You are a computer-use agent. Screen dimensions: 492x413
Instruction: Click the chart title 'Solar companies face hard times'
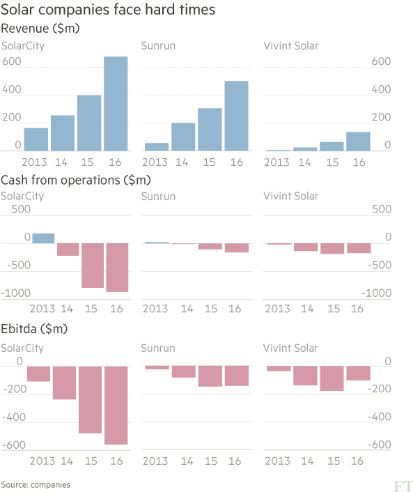[x=107, y=10]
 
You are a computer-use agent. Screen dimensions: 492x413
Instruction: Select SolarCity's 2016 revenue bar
[x=116, y=104]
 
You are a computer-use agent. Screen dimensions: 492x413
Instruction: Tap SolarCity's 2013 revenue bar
[x=36, y=139]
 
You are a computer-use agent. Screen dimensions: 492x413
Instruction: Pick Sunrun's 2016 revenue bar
[x=236, y=116]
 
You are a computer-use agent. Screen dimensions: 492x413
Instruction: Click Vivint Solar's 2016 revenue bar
[x=358, y=141]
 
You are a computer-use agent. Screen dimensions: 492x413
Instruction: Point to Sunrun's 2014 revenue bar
[x=183, y=137]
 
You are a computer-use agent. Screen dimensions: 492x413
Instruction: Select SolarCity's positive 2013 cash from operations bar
[x=43, y=238]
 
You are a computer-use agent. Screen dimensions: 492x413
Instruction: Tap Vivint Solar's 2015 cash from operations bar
[x=332, y=249]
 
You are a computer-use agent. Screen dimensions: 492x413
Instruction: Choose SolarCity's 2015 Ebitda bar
[x=90, y=399]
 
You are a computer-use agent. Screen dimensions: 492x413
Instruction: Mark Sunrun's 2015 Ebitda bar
[x=209, y=376]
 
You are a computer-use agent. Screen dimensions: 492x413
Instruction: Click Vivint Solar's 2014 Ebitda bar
[x=305, y=376]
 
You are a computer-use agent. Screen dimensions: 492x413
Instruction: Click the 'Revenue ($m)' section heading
[x=40, y=29]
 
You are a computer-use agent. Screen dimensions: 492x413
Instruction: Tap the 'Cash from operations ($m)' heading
[x=76, y=180]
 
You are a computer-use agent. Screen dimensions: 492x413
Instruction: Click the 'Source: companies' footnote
[x=36, y=484]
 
